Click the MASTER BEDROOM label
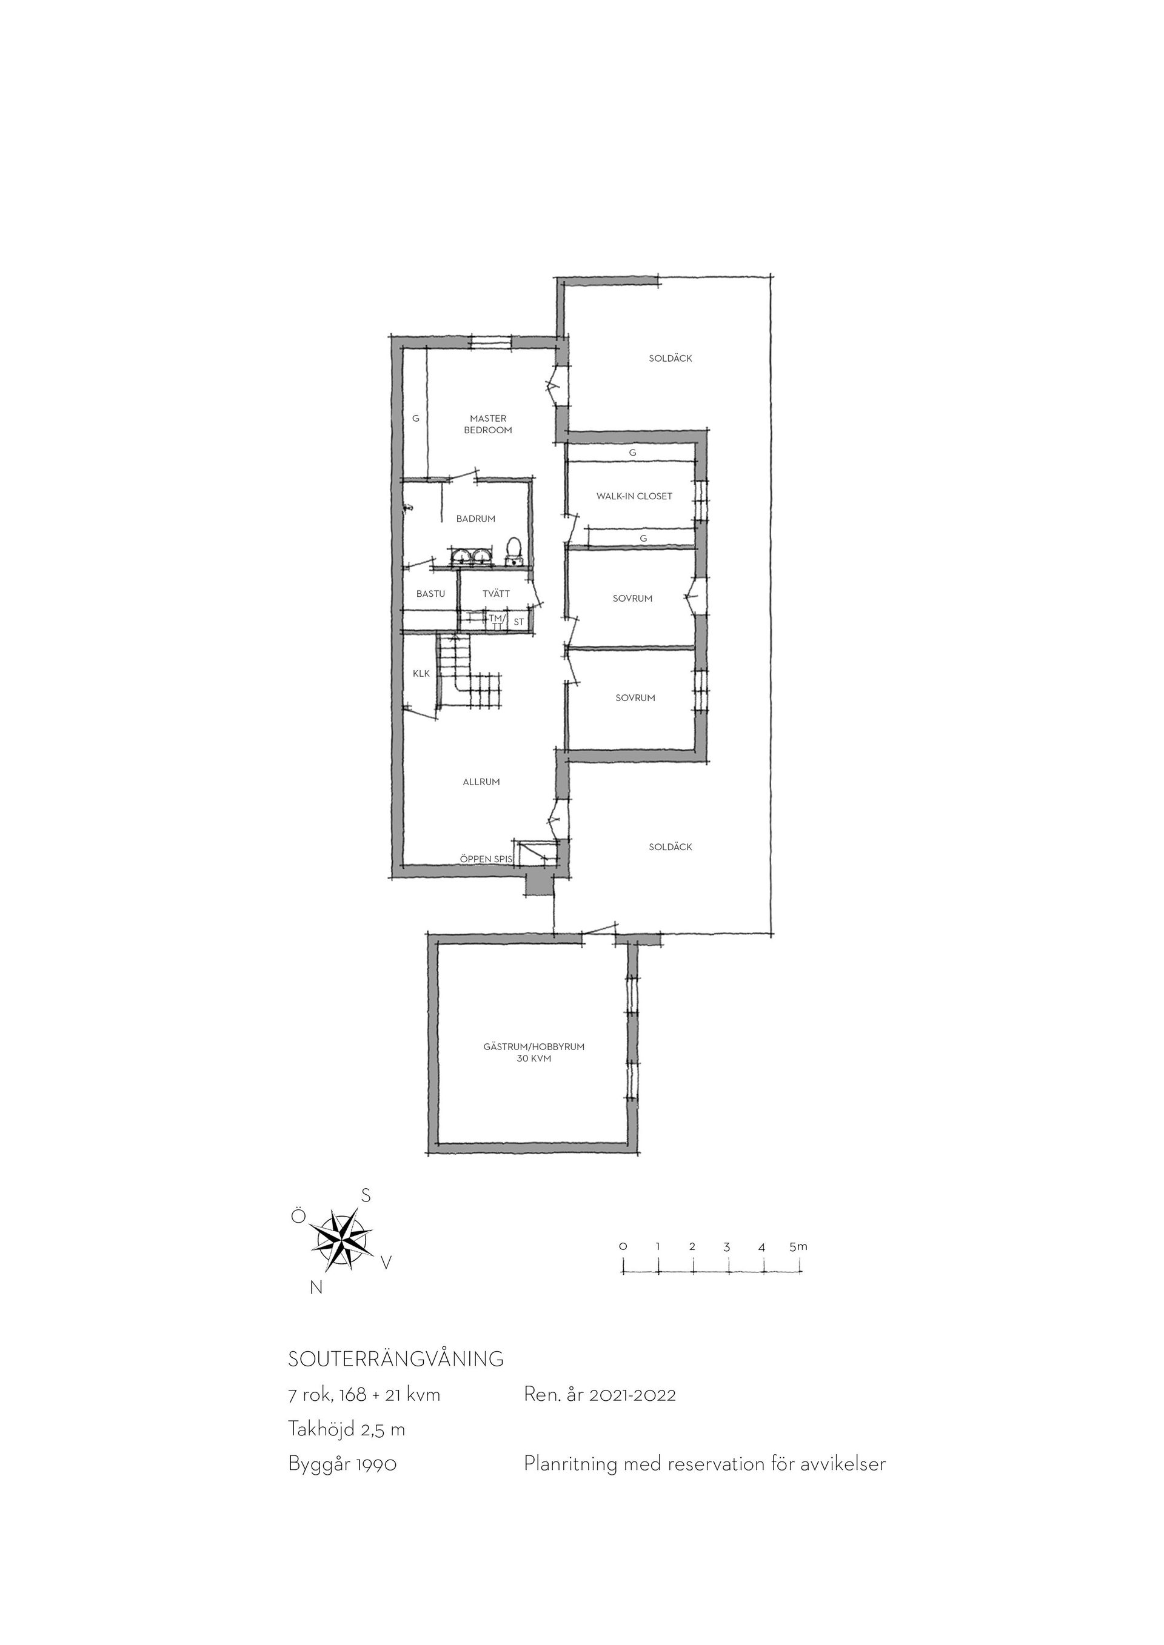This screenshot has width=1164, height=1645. [487, 424]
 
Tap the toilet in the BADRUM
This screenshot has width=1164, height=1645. [513, 552]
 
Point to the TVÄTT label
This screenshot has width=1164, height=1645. [496, 593]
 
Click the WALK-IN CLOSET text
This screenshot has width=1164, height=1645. [634, 496]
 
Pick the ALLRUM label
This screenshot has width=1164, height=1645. [481, 782]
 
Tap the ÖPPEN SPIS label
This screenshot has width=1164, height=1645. [486, 859]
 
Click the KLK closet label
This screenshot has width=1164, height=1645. [421, 674]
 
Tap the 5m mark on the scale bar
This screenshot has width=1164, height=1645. [798, 1246]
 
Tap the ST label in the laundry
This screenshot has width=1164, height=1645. [519, 622]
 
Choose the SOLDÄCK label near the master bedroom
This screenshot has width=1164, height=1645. [670, 358]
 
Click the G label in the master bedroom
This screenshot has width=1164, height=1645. [415, 419]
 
